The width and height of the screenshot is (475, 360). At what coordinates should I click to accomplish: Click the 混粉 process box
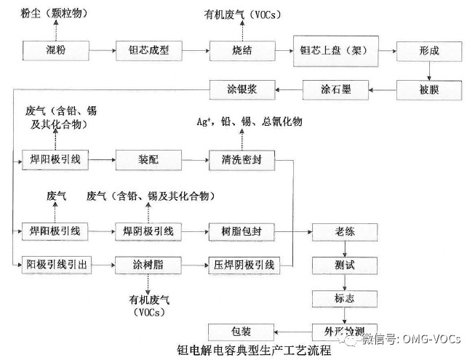tap(55, 51)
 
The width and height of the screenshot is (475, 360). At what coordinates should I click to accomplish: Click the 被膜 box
tap(429, 90)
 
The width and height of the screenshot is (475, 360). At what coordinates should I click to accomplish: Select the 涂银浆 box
tap(242, 90)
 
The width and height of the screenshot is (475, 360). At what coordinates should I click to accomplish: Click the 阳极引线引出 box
tap(55, 264)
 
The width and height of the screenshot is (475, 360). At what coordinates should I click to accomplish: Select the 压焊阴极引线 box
tap(242, 264)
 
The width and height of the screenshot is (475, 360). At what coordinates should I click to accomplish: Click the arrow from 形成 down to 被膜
tap(429, 71)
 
